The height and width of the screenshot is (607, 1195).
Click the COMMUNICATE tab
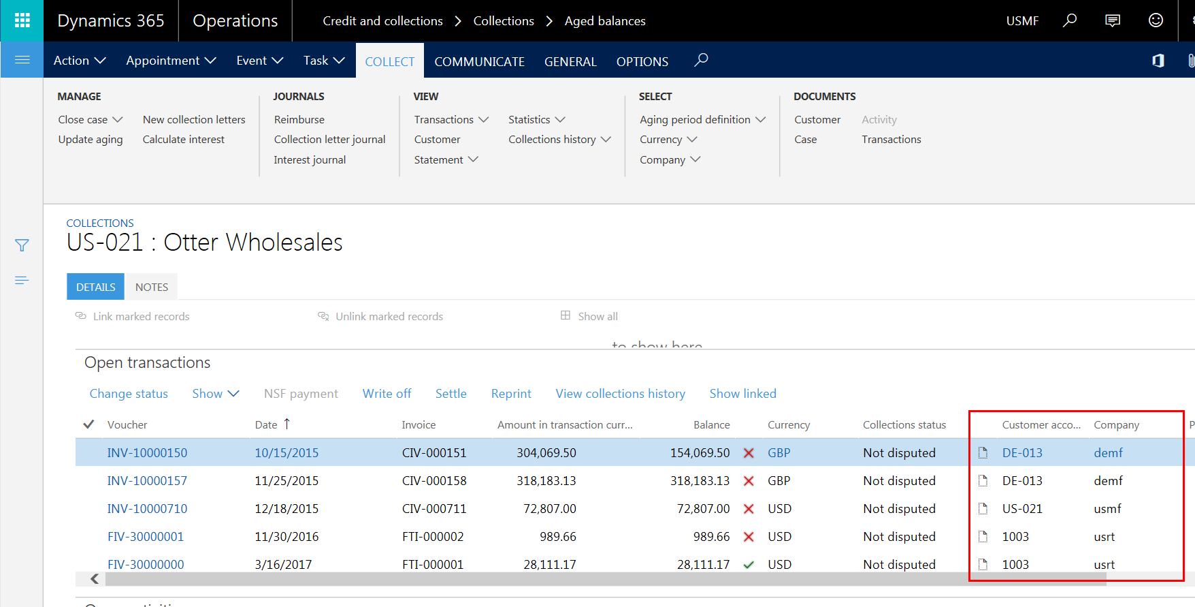tap(479, 61)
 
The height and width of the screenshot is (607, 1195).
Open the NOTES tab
tap(151, 287)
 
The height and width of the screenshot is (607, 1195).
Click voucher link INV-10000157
tap(147, 480)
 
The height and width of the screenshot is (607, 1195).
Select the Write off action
tap(387, 393)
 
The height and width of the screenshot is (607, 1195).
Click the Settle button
tap(451, 393)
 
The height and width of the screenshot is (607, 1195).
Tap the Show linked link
tap(742, 393)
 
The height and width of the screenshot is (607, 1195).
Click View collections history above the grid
tap(620, 393)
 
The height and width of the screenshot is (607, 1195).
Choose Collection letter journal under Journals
tap(329, 139)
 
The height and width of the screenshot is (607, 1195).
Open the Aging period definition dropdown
tap(702, 119)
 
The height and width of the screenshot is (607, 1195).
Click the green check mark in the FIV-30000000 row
tap(749, 564)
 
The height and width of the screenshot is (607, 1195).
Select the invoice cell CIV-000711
tap(434, 508)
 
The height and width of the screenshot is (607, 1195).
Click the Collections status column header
tap(904, 424)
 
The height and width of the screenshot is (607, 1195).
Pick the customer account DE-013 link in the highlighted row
tap(1022, 452)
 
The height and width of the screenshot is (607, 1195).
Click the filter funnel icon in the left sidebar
tap(22, 245)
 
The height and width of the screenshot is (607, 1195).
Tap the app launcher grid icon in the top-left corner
tap(22, 20)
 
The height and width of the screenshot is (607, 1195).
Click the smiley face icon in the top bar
tap(1156, 20)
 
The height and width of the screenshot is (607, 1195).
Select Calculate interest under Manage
tap(183, 139)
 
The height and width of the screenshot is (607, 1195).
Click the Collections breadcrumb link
tap(504, 20)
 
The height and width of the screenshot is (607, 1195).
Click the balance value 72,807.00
tap(703, 508)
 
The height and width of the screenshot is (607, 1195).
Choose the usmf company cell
tap(1107, 508)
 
